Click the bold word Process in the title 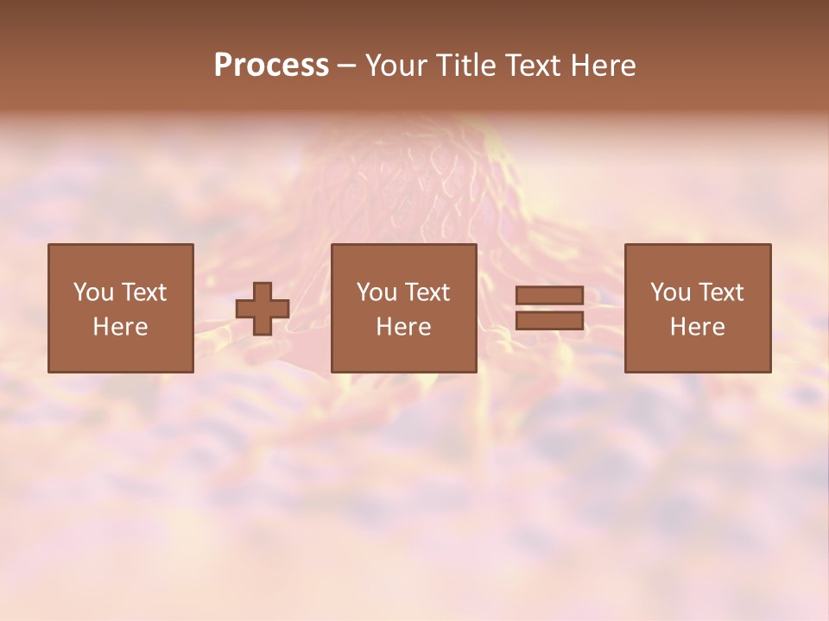click(271, 66)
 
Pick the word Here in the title click(605, 66)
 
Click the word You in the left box click(93, 292)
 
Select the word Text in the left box click(143, 292)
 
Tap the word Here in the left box click(120, 327)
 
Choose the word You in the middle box click(377, 292)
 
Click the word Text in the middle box click(427, 292)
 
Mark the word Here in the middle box click(403, 327)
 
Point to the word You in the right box click(670, 292)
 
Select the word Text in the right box click(720, 292)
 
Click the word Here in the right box click(697, 327)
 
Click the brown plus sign click(263, 309)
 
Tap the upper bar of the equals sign click(549, 295)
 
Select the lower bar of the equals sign click(549, 321)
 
